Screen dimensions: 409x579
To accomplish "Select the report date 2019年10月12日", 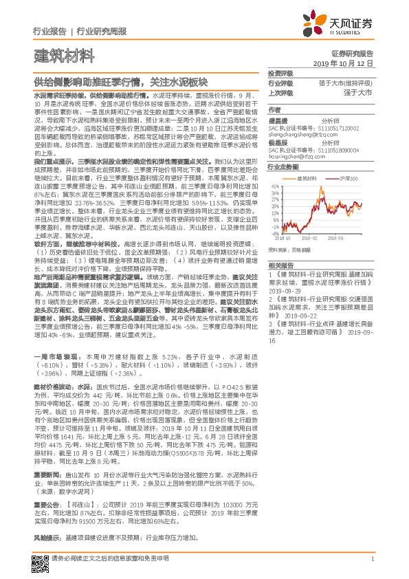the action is pos(347,63).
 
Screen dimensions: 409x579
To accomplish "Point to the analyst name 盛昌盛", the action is pos(278,119).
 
